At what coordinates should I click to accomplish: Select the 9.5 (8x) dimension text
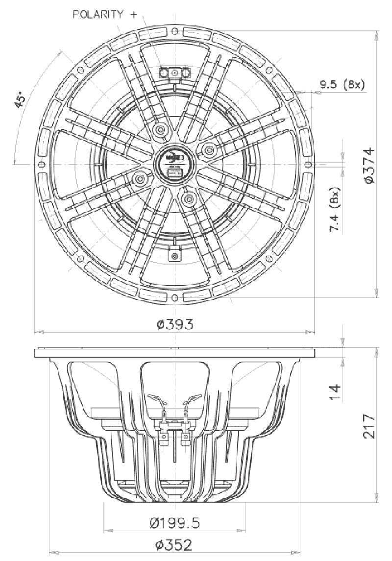pos(343,85)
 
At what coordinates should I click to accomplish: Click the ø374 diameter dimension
pos(369,165)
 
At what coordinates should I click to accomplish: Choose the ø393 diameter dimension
pos(175,324)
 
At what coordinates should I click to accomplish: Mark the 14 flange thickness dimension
pos(335,391)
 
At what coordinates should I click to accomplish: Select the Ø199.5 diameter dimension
pos(174,524)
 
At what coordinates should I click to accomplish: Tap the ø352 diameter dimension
pos(174,544)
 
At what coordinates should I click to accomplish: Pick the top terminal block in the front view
pos(174,73)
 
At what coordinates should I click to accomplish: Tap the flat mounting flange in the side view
pos(174,353)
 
